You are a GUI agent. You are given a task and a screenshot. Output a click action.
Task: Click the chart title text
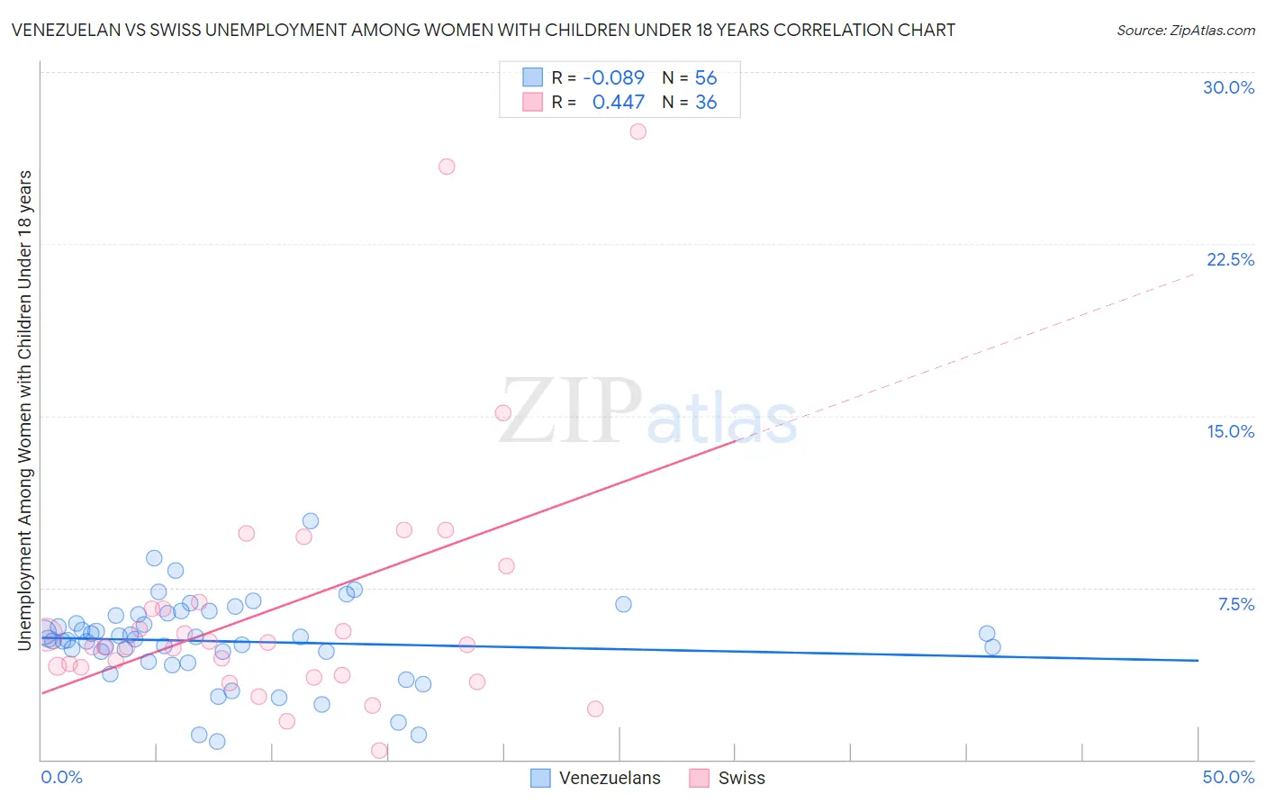483,30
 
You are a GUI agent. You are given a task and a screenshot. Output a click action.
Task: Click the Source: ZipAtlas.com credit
1185,30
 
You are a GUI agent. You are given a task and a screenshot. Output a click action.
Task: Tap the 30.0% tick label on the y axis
1228,87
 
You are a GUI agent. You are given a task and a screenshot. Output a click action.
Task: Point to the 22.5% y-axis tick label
1230,259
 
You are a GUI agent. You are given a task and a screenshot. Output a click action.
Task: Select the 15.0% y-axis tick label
1230,431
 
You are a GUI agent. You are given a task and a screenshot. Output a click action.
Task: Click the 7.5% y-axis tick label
1235,604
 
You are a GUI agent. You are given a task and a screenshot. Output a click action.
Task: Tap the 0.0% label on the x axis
61,777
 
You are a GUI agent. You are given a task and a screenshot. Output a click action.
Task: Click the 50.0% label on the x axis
1228,777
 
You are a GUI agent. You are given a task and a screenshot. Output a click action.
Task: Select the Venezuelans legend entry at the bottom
596,778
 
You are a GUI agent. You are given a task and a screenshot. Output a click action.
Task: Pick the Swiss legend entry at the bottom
727,778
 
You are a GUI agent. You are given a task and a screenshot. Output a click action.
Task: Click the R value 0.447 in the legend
618,102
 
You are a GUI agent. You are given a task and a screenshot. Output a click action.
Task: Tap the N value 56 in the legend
705,77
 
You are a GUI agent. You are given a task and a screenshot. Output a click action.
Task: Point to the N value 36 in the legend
705,102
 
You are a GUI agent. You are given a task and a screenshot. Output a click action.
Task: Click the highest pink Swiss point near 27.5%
638,131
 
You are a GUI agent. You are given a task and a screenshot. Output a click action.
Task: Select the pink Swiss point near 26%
447,167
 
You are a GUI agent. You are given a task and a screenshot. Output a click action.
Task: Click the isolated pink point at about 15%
503,413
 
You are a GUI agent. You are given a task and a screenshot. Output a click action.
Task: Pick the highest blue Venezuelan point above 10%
311,521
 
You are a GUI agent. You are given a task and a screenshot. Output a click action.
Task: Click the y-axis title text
24,410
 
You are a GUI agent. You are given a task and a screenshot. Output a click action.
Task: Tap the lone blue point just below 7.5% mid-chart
623,604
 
